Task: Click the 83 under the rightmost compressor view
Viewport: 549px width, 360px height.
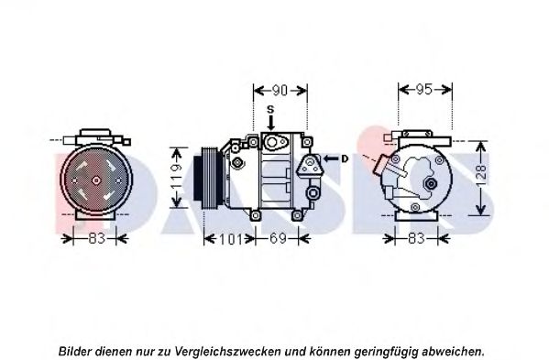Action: click(x=416, y=240)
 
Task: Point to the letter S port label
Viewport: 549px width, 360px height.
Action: click(x=270, y=111)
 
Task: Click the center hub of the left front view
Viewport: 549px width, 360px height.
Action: click(x=96, y=179)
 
